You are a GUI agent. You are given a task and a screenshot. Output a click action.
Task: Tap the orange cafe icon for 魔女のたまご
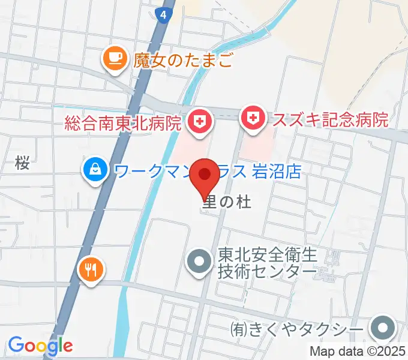pyautogui.click(x=114, y=58)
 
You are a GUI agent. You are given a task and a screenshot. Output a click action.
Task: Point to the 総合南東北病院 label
pyautogui.click(x=123, y=124)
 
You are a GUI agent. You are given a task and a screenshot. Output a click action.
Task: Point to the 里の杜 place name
pyautogui.click(x=226, y=202)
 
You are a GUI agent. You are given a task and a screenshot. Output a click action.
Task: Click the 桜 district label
pyautogui.click(x=23, y=162)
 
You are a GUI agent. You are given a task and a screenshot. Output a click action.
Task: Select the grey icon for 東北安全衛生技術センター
pyautogui.click(x=199, y=262)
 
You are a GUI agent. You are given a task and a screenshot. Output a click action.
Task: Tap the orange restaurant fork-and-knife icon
pyautogui.click(x=91, y=268)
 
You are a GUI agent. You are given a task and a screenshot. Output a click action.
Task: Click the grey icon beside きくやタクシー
pyautogui.click(x=382, y=329)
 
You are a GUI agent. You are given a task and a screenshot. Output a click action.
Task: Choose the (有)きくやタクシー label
pyautogui.click(x=298, y=329)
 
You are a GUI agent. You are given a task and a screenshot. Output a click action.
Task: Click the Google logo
pyautogui.click(x=40, y=346)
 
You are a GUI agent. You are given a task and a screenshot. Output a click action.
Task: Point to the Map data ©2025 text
pyautogui.click(x=358, y=352)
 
